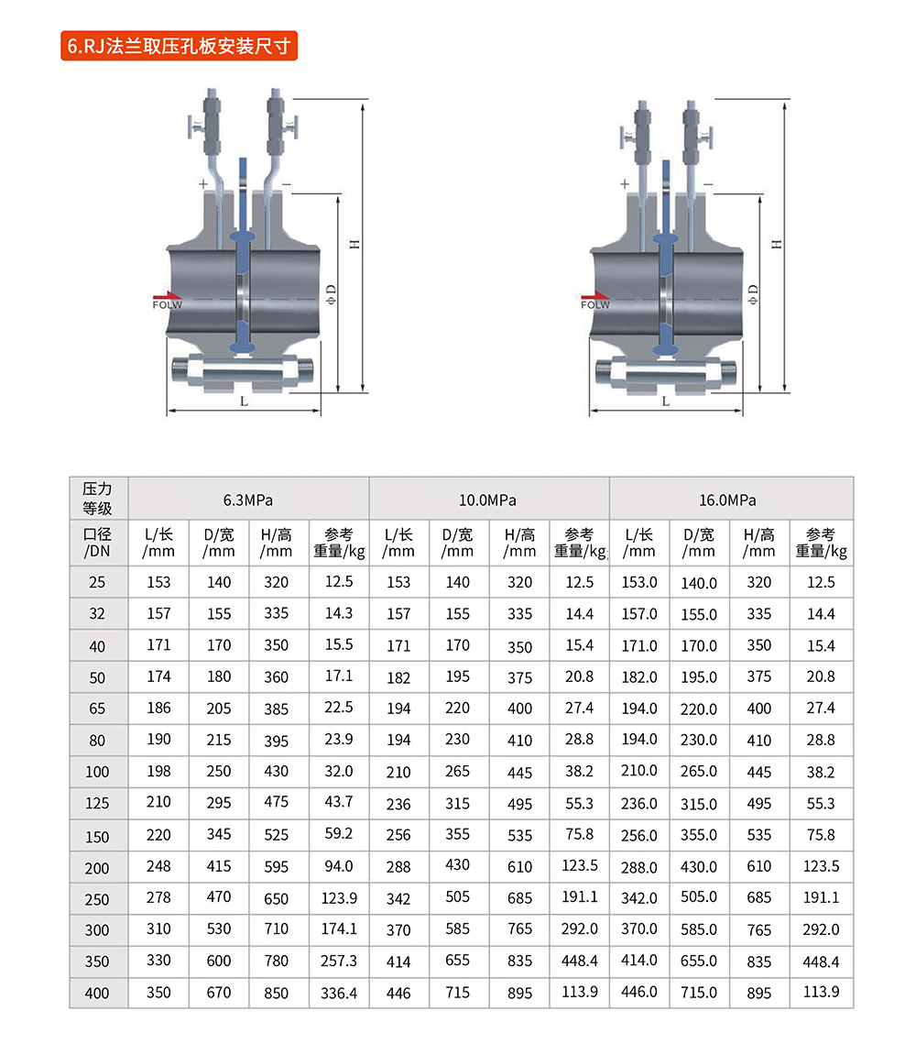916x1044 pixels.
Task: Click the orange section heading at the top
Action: tap(179, 46)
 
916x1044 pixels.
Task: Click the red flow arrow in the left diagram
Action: tap(167, 296)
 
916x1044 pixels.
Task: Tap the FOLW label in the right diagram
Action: tap(594, 305)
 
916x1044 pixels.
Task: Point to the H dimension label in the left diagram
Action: tap(354, 245)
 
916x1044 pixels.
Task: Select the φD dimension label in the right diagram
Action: tap(753, 294)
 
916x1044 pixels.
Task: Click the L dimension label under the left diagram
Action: tap(245, 401)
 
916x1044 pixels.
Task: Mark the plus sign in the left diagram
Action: tap(202, 183)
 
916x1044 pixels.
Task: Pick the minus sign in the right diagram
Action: tap(708, 183)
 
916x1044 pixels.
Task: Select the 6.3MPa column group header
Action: tap(248, 500)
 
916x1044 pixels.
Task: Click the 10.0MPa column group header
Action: tap(487, 500)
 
